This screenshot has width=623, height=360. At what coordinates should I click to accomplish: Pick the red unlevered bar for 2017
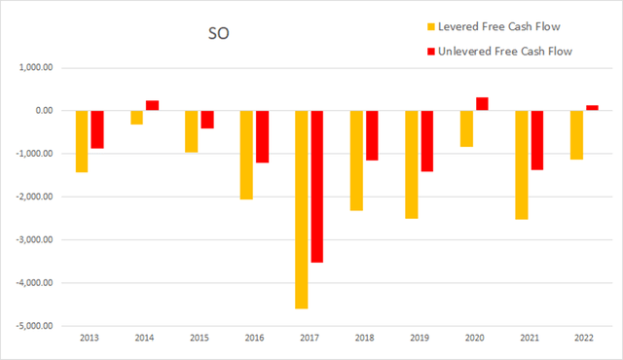[x=316, y=186]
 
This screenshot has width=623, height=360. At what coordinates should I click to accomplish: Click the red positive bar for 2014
[x=152, y=105]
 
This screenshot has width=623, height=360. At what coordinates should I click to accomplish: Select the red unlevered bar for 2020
[x=482, y=104]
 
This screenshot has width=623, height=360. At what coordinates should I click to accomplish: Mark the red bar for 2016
[x=262, y=136]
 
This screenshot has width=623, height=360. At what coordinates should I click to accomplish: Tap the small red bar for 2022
[x=592, y=108]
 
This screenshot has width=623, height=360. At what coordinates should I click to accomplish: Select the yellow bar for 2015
[x=192, y=131]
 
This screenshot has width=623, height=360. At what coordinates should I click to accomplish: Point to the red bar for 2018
[x=372, y=135]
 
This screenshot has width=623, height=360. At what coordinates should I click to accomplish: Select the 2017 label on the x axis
[x=310, y=340]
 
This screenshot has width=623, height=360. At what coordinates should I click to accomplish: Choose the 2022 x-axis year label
[x=584, y=340]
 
